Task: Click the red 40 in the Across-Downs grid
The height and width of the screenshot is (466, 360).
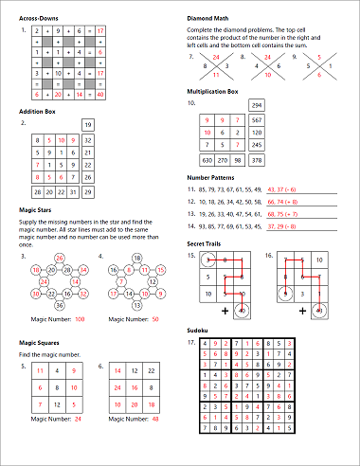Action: click(x=100, y=96)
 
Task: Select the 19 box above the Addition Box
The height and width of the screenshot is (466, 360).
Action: click(x=87, y=124)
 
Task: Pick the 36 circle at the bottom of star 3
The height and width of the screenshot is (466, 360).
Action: click(x=61, y=306)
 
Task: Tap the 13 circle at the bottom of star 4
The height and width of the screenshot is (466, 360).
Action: click(x=135, y=306)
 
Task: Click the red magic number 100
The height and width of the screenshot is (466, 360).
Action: click(x=80, y=322)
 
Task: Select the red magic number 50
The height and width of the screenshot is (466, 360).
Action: click(x=153, y=322)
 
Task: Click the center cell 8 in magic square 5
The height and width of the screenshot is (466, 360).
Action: click(x=61, y=388)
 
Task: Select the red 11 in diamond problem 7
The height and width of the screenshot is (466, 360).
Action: click(x=215, y=74)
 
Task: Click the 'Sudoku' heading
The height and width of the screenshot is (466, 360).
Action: click(x=200, y=329)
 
